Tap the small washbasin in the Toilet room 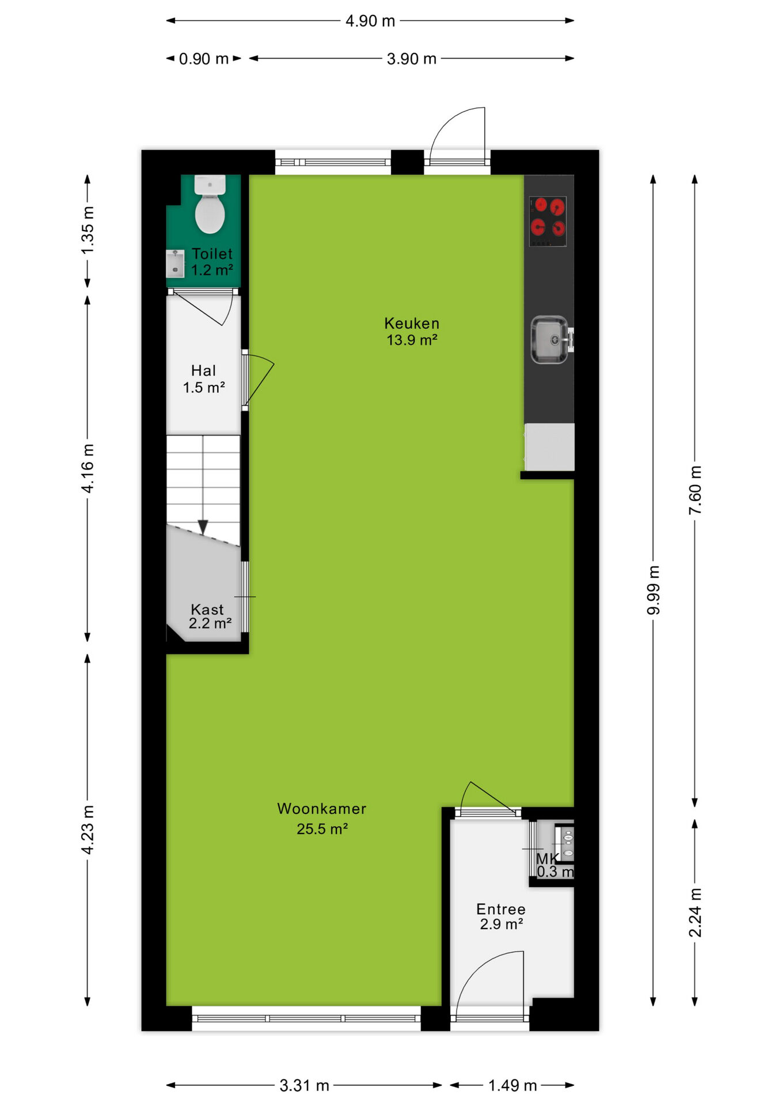tap(175, 264)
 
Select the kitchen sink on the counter tap(550, 340)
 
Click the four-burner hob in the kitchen tap(548, 221)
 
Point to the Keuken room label tap(412, 332)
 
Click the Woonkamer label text tap(322, 809)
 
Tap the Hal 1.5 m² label tap(204, 379)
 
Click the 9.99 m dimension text tap(653, 590)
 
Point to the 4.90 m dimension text tap(370, 21)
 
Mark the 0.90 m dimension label tap(204, 59)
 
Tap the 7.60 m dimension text tap(695, 490)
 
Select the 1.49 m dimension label tap(513, 1086)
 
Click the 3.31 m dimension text tap(305, 1086)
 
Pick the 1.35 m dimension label tap(88, 230)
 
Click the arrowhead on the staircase tap(203, 527)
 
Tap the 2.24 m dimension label tap(695, 912)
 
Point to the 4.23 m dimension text tap(88, 830)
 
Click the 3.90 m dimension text tap(412, 59)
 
